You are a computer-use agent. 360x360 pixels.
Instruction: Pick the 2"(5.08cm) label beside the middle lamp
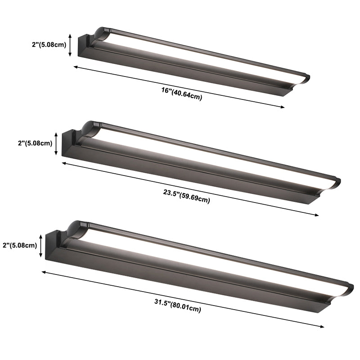34,144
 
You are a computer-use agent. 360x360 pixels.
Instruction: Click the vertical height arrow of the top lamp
70,45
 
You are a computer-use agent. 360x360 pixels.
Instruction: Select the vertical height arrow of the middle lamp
56,144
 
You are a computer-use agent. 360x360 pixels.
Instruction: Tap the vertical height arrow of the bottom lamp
42,245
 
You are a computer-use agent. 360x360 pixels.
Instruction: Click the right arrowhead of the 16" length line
283,107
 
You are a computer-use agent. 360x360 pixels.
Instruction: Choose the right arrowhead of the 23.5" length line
316,215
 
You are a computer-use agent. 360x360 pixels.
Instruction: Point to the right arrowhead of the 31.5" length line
321,327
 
